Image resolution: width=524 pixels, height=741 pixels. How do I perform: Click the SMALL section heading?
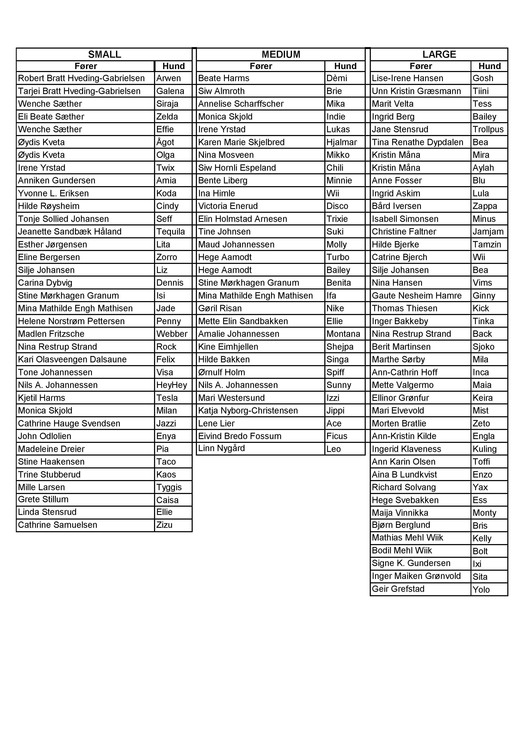tap(105, 54)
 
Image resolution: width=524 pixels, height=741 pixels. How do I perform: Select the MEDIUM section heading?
tap(281, 54)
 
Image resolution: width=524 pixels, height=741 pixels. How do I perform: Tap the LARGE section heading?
tap(439, 54)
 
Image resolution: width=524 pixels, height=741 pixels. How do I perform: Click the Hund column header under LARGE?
tap(490, 66)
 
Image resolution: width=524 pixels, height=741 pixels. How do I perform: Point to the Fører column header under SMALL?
tap(86, 66)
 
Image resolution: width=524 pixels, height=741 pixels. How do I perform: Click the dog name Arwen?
tap(168, 78)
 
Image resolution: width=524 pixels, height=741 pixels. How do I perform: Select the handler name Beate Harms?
tap(224, 78)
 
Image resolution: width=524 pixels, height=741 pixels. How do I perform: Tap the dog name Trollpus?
tap(488, 130)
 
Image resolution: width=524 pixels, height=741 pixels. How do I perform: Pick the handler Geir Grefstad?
tap(398, 589)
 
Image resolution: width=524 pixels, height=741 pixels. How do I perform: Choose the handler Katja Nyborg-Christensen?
tap(248, 411)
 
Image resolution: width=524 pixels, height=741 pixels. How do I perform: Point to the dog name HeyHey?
tap(172, 385)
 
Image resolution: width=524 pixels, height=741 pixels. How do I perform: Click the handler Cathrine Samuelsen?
tap(57, 525)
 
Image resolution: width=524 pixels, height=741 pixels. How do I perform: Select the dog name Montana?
tap(343, 334)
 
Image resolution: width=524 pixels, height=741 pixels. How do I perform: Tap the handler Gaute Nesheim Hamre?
tap(416, 295)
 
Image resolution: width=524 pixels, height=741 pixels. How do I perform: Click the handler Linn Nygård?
tap(221, 448)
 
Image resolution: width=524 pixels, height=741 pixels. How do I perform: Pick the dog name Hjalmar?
tap(341, 142)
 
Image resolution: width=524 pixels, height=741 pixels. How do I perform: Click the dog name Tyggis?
tap(169, 487)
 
